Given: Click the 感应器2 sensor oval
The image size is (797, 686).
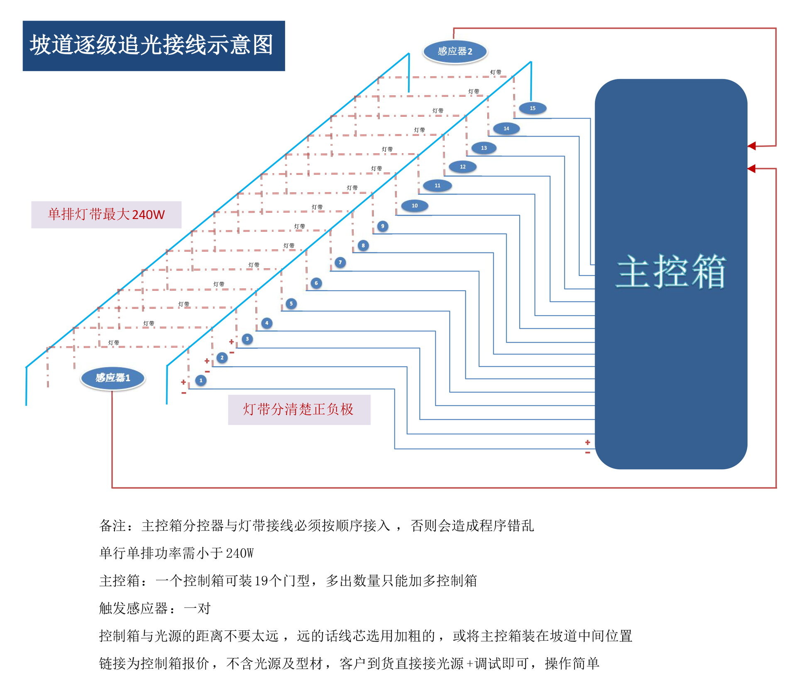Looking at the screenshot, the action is (455, 51).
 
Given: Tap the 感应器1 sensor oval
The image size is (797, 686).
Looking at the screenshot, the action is (112, 378).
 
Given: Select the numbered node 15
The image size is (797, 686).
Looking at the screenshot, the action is (533, 108).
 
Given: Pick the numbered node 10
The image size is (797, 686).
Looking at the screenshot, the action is (415, 206).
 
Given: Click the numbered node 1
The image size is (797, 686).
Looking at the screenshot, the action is (201, 380).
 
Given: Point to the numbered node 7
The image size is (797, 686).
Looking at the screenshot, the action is (340, 262).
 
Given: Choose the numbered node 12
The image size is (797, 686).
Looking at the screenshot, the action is (462, 167).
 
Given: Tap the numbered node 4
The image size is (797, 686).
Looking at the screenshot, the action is (267, 323).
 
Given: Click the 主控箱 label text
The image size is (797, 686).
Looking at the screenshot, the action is (671, 272).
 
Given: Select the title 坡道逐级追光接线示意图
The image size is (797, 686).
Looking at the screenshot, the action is (152, 45).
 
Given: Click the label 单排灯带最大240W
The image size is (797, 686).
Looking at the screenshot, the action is (106, 214).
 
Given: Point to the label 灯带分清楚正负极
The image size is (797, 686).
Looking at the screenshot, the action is (298, 409).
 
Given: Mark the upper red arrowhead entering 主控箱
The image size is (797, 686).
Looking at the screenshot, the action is (751, 146).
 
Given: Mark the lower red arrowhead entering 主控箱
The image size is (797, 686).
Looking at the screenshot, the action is (751, 169).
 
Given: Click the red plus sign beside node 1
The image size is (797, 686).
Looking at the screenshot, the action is (183, 382).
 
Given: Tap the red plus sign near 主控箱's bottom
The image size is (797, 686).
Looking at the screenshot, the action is (587, 443).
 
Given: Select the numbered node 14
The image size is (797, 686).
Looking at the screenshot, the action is (506, 129).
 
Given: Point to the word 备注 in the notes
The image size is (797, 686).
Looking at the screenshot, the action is (112, 526).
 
